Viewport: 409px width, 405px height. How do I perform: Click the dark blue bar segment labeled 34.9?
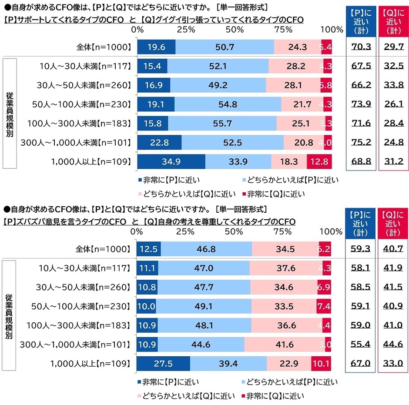point(171,161)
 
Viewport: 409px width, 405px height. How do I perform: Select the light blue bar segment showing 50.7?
point(225,47)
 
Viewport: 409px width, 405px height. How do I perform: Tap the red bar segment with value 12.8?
point(319,161)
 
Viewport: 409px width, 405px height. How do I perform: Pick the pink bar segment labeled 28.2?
point(296,66)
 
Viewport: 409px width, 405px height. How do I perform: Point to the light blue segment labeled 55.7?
point(222,123)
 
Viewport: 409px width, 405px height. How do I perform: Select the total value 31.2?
point(393,161)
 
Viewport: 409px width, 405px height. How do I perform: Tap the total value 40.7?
point(393,249)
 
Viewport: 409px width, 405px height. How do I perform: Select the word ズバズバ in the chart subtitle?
point(34,222)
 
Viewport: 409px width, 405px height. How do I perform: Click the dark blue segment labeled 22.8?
point(159,142)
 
